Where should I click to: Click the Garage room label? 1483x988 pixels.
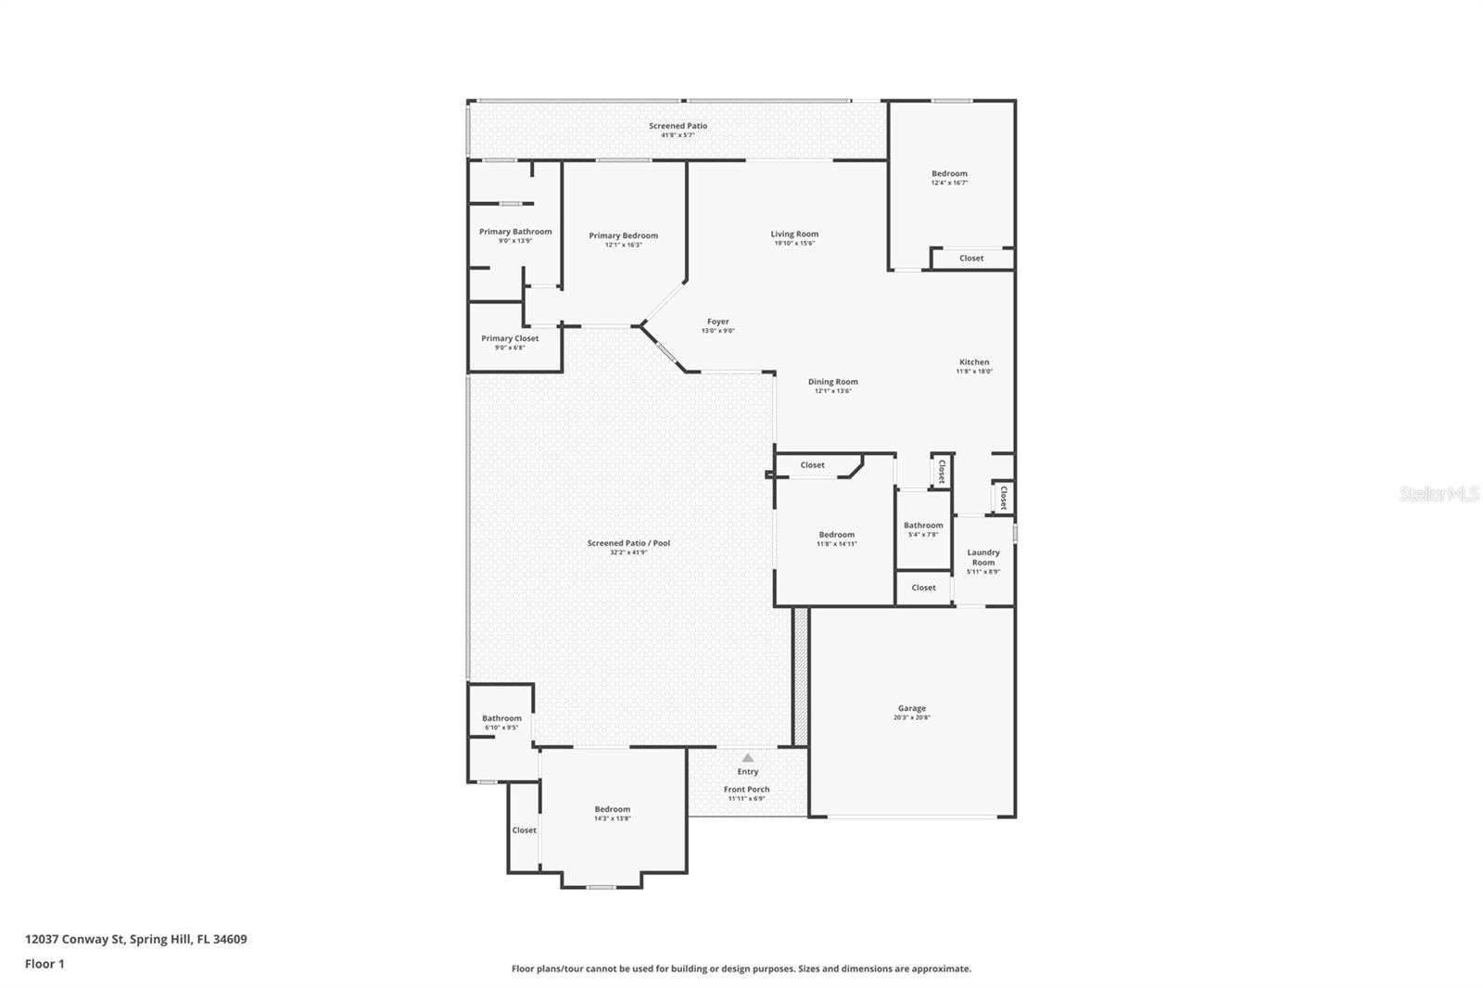click(911, 709)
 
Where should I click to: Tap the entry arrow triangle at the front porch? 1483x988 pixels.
click(748, 758)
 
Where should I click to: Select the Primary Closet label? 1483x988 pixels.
click(510, 339)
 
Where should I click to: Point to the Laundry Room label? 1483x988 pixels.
click(983, 557)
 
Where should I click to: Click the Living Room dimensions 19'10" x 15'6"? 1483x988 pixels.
click(794, 244)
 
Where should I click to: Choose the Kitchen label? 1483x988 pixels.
click(974, 362)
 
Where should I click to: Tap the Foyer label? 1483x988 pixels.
click(718, 322)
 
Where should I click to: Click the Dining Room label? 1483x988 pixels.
click(832, 382)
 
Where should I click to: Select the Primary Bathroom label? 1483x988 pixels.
click(515, 232)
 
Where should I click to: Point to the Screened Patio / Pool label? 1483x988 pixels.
click(628, 543)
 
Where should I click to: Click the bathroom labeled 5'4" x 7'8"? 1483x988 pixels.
click(923, 526)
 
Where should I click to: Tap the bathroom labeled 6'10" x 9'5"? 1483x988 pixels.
click(501, 718)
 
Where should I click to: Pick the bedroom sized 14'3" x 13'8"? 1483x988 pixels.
click(613, 809)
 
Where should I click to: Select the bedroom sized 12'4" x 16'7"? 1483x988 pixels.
click(949, 173)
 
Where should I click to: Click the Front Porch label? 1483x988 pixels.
click(746, 790)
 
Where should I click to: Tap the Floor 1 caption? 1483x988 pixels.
click(44, 964)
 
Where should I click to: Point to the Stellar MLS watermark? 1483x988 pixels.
click(1439, 495)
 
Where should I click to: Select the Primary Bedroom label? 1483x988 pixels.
click(623, 235)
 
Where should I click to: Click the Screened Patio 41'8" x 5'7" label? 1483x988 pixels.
click(678, 126)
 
